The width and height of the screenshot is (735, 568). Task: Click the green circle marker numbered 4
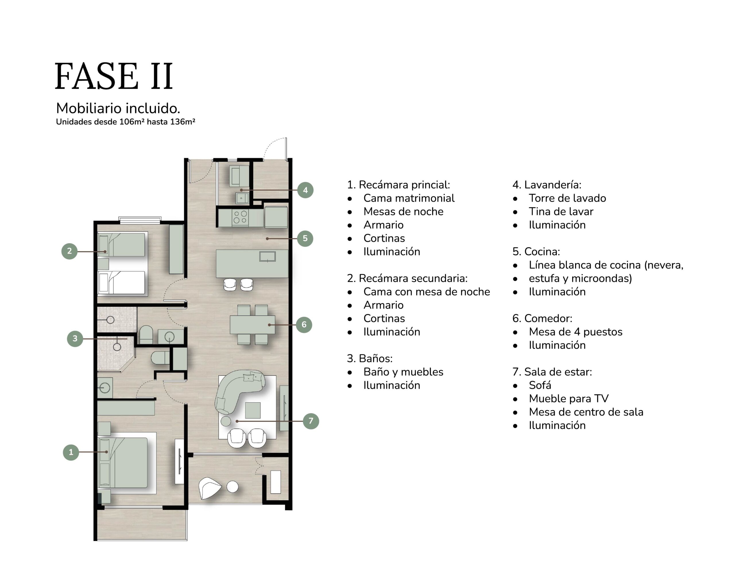pyautogui.click(x=305, y=190)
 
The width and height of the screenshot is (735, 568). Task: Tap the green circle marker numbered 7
pyautogui.click(x=311, y=421)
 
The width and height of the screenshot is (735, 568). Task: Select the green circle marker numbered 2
pyautogui.click(x=69, y=251)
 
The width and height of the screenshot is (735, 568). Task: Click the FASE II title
pyautogui.click(x=114, y=76)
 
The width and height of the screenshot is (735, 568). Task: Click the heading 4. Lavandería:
pyautogui.click(x=547, y=185)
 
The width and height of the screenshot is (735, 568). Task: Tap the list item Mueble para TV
pyautogui.click(x=569, y=399)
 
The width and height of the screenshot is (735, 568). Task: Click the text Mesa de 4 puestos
pyautogui.click(x=575, y=332)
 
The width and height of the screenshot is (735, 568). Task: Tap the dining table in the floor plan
pyautogui.click(x=252, y=324)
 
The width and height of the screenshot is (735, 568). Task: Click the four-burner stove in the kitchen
pyautogui.click(x=240, y=217)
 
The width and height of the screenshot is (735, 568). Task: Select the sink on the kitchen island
pyautogui.click(x=268, y=256)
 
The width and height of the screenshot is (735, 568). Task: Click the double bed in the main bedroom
pyautogui.click(x=123, y=462)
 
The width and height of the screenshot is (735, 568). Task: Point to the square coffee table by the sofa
pyautogui.click(x=253, y=410)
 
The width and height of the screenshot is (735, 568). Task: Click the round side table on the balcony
pyautogui.click(x=233, y=486)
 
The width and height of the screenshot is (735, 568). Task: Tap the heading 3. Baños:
pyautogui.click(x=370, y=359)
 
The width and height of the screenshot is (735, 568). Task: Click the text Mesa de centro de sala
pyautogui.click(x=586, y=412)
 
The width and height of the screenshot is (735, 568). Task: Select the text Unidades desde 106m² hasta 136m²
pyautogui.click(x=125, y=122)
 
